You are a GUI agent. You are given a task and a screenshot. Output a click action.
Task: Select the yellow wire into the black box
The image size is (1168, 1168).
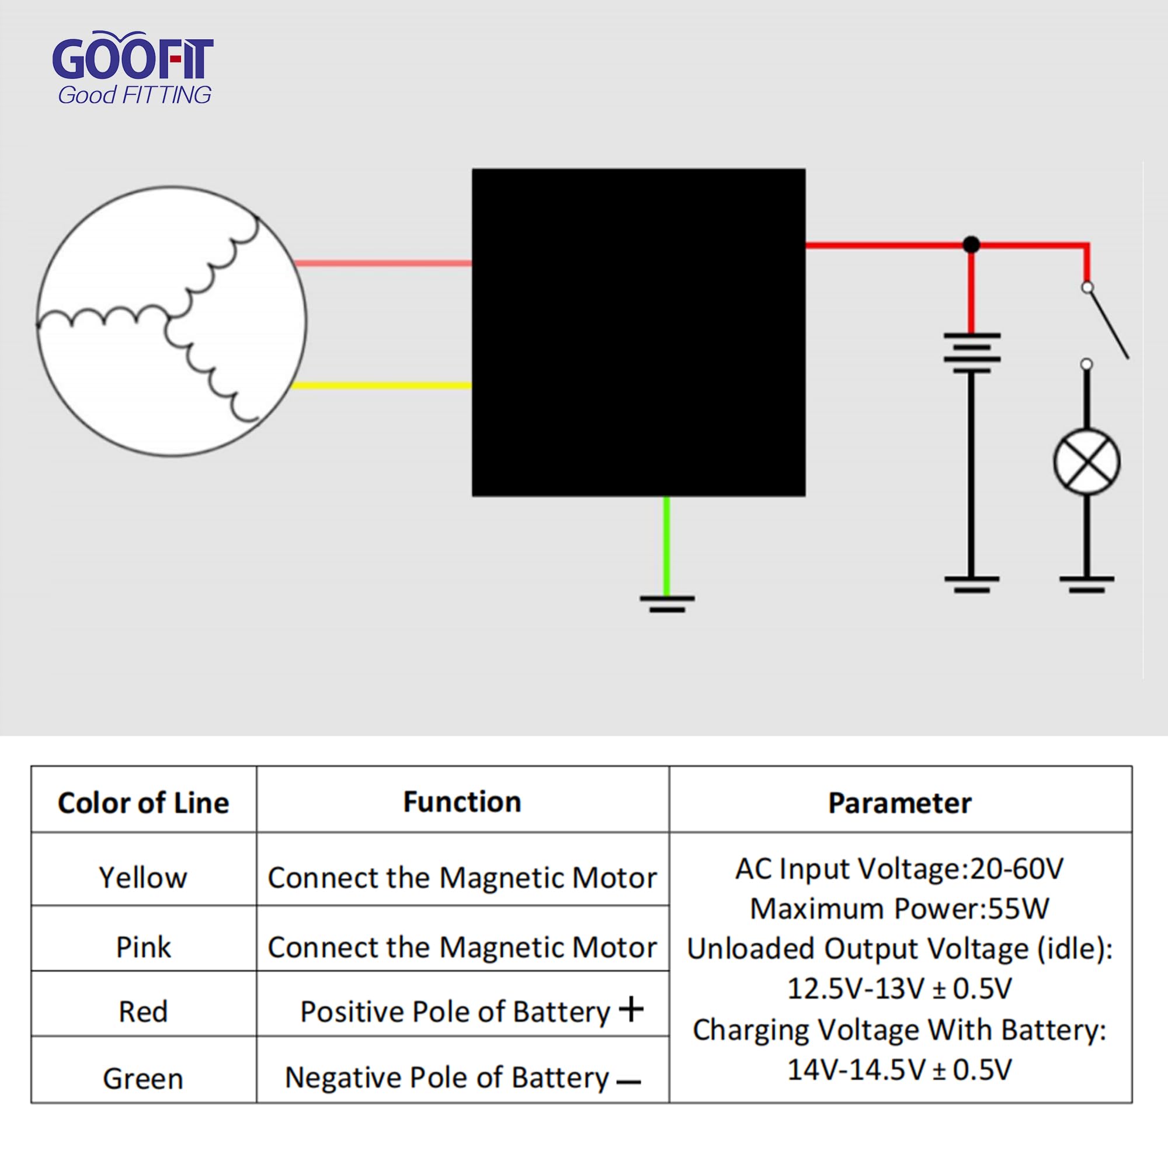381,385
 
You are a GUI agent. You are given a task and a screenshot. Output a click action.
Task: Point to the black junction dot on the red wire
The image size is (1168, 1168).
971,245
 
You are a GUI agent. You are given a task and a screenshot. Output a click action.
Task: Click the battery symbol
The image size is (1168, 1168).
972,353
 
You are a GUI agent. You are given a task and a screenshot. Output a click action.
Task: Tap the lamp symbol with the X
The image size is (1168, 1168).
1086,463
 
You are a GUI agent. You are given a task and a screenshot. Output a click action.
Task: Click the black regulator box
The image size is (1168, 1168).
638,332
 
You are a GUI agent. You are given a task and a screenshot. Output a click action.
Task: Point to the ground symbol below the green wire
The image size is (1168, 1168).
667,604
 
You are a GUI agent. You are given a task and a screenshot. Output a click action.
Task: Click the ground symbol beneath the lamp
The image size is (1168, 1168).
1086,584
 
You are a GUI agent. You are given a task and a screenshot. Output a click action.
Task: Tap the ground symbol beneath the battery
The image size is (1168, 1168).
972,584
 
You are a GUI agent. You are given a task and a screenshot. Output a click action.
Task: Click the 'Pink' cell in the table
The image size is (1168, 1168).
143,947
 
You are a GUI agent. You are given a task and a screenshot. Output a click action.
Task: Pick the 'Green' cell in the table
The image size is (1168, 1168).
143,1079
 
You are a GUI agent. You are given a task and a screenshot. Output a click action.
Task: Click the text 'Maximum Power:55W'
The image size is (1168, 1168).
899,909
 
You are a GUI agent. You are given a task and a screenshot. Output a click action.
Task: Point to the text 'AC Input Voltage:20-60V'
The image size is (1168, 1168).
899,870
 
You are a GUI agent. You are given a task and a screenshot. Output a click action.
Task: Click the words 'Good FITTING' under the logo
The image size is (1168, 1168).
134,96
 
